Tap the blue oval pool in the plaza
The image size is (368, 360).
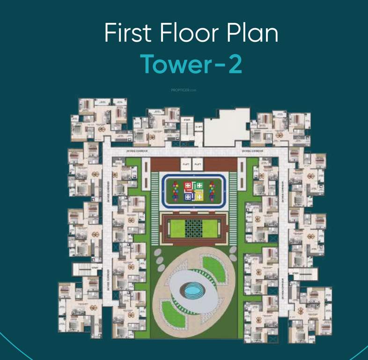192,292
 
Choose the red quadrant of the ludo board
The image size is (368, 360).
188,186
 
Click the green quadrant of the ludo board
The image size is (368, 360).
199,186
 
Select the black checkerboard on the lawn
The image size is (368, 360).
193,228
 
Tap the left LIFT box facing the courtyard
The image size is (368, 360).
186,164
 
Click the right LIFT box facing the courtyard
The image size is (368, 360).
198,164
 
